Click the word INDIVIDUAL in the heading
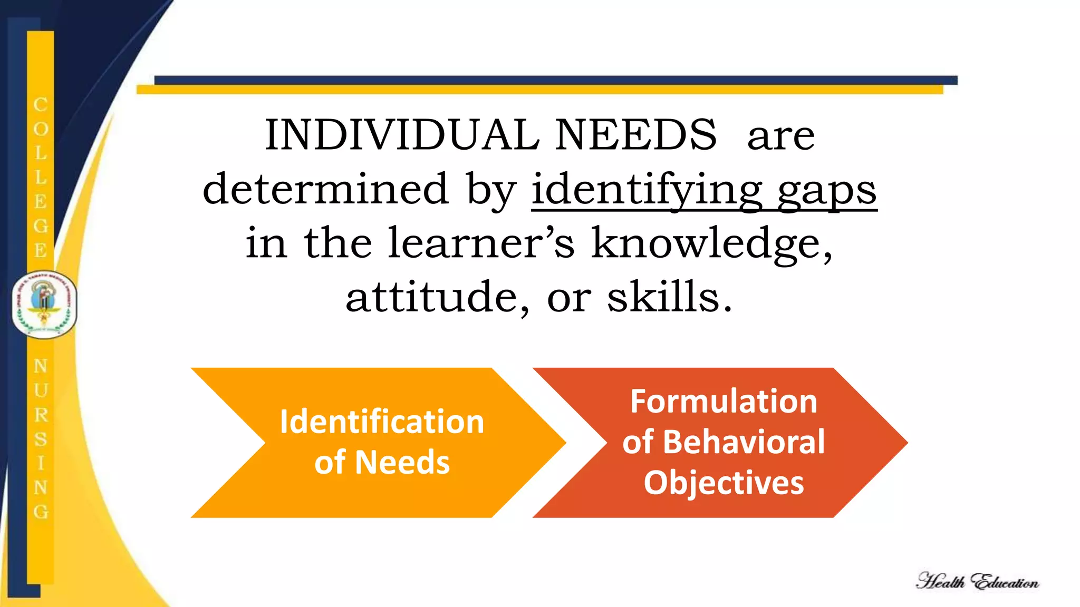coord(402,135)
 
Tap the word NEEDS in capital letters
coord(636,135)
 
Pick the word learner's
coord(481,243)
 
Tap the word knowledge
coord(711,243)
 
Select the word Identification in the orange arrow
coord(382,422)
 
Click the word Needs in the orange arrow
coord(402,463)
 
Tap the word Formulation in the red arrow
coord(724,402)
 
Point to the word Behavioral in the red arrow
coord(744,442)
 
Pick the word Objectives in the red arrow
coord(724,483)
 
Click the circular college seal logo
coord(44,305)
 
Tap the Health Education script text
coord(977,582)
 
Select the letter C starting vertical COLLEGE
coord(41,104)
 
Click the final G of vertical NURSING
coord(41,512)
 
